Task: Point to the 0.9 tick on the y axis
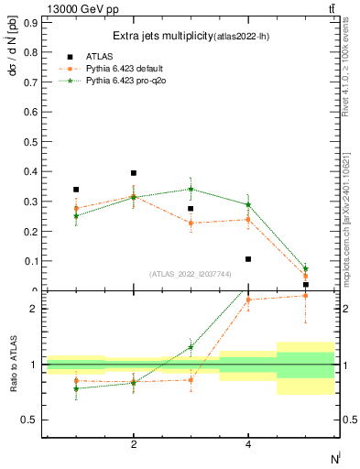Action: [x=29, y=22]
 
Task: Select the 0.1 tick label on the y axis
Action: [x=29, y=261]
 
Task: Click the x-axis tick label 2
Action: [x=134, y=444]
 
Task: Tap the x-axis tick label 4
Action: [x=248, y=444]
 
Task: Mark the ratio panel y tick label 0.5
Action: [x=29, y=420]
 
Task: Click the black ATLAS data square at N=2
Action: [x=134, y=173]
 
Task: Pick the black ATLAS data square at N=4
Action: [x=248, y=259]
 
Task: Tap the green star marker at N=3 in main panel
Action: [x=191, y=190]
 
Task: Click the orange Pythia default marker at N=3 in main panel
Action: [x=191, y=223]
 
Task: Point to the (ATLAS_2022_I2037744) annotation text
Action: [x=191, y=274]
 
